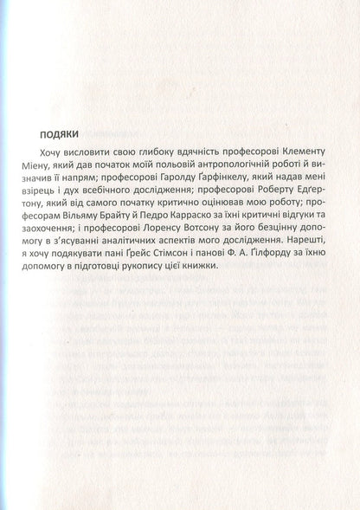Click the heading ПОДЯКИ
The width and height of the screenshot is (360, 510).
tap(60, 135)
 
